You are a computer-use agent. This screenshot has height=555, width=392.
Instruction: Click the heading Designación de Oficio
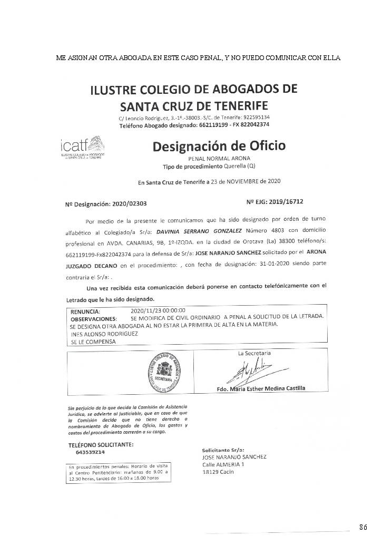(x=219, y=145)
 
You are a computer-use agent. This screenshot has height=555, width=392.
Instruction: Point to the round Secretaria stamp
(x=162, y=372)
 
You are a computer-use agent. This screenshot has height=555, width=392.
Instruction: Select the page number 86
(x=363, y=527)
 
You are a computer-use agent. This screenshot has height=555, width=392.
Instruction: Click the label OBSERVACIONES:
(x=93, y=319)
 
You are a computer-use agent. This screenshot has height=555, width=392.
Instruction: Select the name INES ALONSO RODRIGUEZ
(x=104, y=334)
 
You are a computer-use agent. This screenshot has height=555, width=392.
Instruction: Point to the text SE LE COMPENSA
(x=93, y=342)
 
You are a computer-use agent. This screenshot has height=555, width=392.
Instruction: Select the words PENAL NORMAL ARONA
(x=219, y=158)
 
